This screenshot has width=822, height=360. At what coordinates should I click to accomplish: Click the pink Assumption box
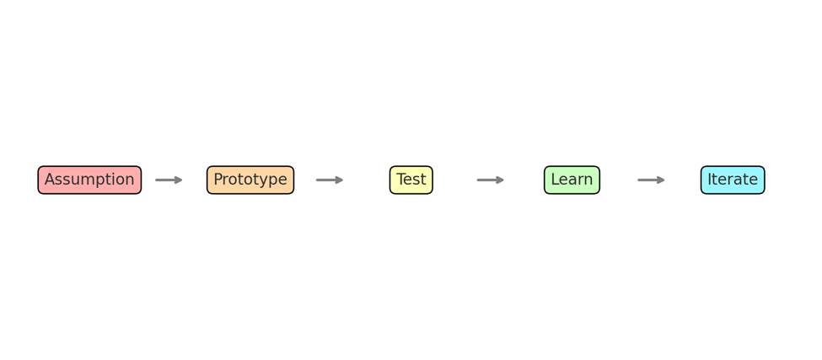[x=89, y=180]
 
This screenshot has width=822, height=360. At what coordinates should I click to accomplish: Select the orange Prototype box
[x=250, y=180]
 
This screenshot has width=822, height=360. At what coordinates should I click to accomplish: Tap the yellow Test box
[x=411, y=180]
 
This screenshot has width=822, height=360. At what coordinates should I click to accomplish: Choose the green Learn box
[x=572, y=180]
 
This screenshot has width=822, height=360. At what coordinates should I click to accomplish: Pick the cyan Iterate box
[x=733, y=180]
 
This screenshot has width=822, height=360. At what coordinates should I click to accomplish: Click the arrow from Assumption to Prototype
[x=169, y=180]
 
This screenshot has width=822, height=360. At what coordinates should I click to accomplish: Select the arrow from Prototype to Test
[x=330, y=180]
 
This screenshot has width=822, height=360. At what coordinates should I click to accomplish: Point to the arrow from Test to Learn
[x=491, y=180]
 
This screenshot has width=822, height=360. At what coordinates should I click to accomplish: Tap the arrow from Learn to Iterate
[x=652, y=180]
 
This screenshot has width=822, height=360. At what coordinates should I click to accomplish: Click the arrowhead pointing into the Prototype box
[x=179, y=180]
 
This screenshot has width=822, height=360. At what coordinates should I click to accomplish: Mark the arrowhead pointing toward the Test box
[x=340, y=180]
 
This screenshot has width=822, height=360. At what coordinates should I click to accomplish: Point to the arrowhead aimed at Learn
[x=501, y=180]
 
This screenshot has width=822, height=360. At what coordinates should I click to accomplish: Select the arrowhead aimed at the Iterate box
[x=662, y=180]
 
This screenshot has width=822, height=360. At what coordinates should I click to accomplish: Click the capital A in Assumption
[x=50, y=180]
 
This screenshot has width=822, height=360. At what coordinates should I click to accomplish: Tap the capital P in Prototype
[x=218, y=180]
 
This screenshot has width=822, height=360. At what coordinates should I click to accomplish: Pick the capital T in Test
[x=401, y=180]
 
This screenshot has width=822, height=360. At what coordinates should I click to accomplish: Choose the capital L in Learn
[x=555, y=180]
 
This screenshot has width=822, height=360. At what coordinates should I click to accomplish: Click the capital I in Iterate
[x=710, y=180]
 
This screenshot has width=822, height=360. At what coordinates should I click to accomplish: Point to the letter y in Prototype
[x=266, y=182]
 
